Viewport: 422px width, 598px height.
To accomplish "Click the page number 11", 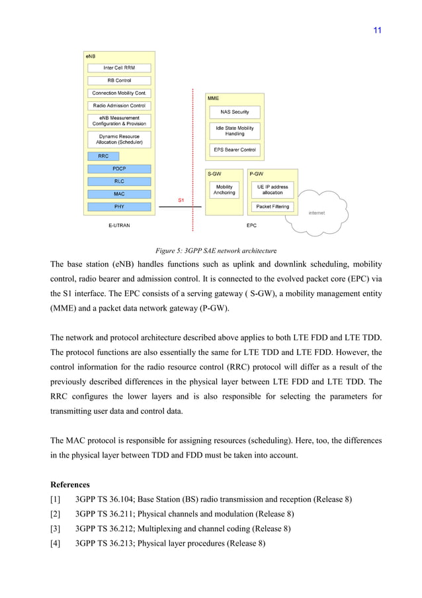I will click(x=378, y=30).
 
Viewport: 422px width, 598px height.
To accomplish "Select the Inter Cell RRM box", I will click(x=119, y=68).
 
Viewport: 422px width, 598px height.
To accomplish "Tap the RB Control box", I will click(x=119, y=80).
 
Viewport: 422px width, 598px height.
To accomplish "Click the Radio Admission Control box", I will click(x=119, y=105).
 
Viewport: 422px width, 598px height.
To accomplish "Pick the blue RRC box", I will click(x=103, y=156).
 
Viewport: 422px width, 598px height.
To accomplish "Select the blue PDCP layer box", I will click(x=119, y=169).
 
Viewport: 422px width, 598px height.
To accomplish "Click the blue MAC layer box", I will click(x=119, y=194).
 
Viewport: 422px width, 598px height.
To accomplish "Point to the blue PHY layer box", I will click(x=119, y=207).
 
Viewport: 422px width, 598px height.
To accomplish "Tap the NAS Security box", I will click(x=235, y=112).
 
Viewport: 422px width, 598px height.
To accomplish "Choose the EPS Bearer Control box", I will click(x=235, y=150).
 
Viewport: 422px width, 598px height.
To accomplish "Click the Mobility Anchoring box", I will click(x=224, y=190).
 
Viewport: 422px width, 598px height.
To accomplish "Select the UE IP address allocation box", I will click(x=272, y=190).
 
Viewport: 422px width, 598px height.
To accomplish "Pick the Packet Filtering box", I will click(x=272, y=207).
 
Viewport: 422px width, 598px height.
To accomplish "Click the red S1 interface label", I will click(x=181, y=199).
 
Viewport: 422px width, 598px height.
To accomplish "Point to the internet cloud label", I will click(x=317, y=213).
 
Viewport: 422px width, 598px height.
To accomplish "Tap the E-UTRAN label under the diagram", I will click(x=119, y=225).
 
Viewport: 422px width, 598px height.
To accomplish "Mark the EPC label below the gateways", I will click(x=251, y=225).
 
